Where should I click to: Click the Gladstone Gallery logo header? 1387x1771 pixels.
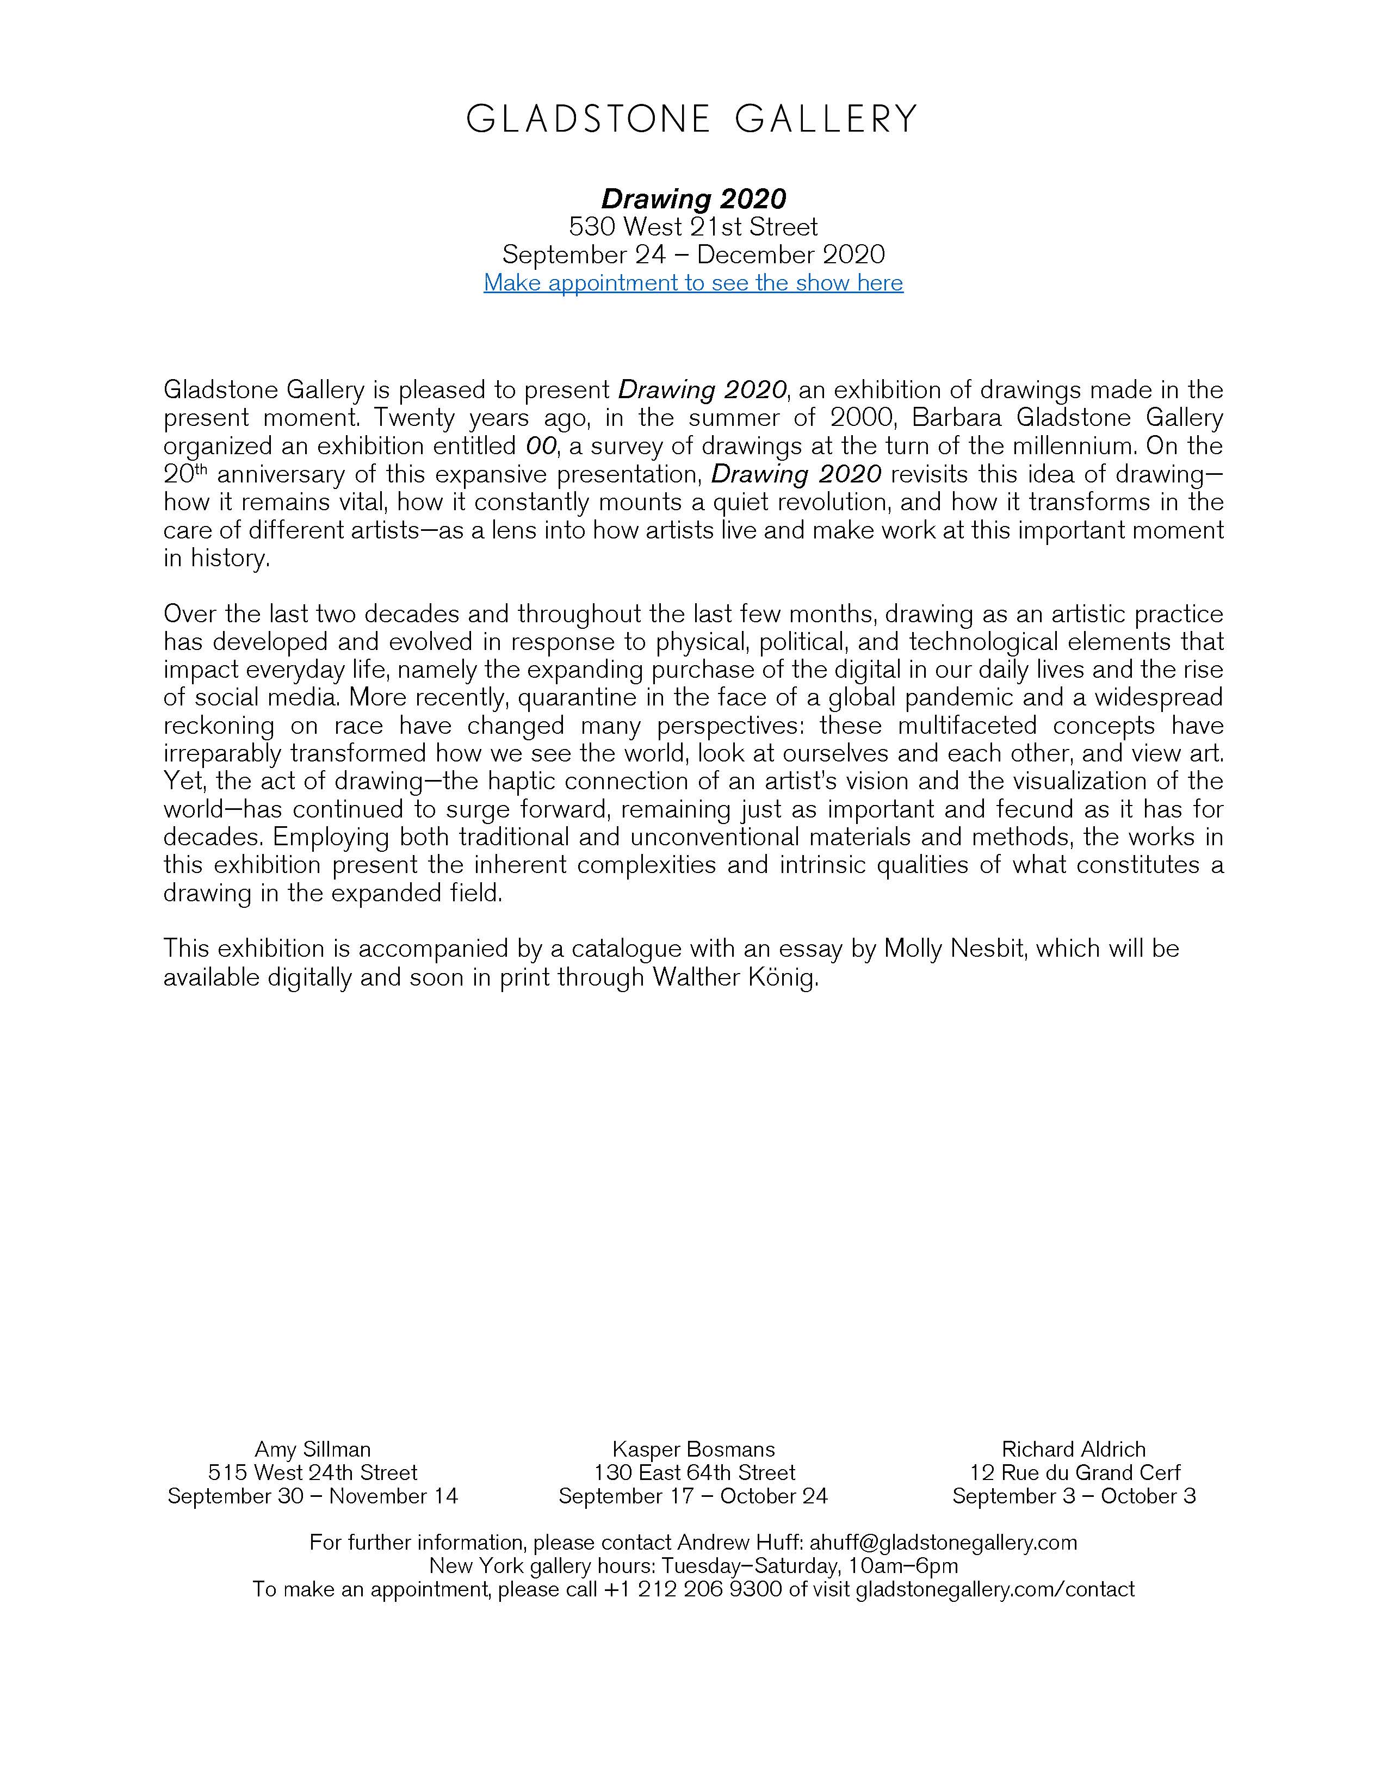tap(693, 119)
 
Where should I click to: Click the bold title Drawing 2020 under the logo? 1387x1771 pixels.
tap(693, 199)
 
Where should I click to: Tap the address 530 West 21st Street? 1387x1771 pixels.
tap(693, 227)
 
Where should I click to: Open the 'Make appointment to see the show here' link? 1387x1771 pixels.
tap(693, 283)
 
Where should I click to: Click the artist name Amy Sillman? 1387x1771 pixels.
tap(313, 1450)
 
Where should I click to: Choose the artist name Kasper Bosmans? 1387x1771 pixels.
tap(693, 1450)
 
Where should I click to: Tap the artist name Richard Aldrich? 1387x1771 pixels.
tap(1074, 1450)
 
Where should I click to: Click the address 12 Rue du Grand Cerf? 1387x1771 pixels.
tap(1074, 1473)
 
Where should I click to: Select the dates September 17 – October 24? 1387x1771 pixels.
tap(693, 1496)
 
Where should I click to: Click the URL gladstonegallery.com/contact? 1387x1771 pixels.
tap(995, 1589)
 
